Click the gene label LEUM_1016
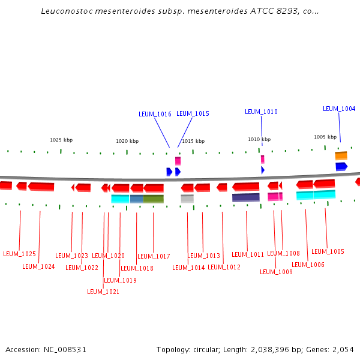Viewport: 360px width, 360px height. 155,114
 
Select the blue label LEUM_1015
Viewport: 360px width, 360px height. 193,113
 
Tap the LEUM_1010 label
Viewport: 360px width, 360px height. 261,112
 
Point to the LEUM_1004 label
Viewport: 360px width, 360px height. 339,109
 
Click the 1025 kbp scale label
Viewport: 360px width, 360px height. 61,140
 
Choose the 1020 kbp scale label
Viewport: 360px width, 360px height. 127,141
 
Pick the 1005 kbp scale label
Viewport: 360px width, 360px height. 325,137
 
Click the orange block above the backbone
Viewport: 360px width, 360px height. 341,155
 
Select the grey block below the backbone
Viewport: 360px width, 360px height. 187,199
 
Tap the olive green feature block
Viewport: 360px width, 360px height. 153,199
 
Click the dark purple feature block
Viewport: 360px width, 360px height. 246,197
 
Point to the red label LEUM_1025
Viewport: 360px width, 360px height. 19,254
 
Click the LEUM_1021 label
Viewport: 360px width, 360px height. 103,292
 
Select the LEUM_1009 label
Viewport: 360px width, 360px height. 276,272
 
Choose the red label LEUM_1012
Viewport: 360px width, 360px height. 224,267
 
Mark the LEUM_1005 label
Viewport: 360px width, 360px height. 328,251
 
